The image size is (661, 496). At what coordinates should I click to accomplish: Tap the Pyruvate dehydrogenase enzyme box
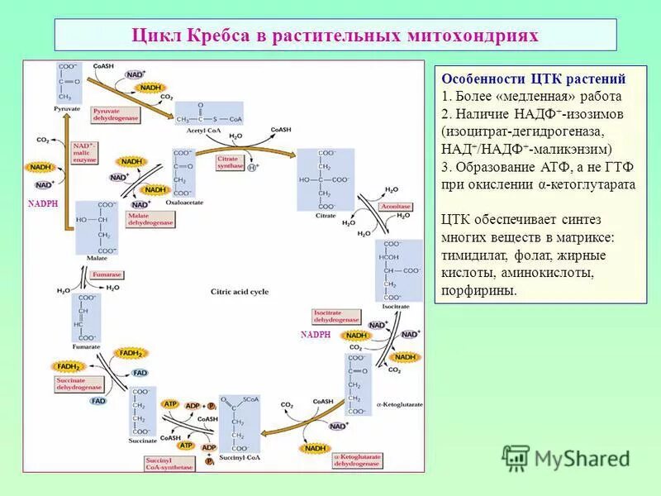114,114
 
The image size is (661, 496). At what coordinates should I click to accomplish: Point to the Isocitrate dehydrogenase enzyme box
336,316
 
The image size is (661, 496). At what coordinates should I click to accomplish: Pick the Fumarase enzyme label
107,274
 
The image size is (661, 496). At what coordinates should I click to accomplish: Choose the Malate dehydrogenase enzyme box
150,219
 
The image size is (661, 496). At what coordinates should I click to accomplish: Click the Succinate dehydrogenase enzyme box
79,384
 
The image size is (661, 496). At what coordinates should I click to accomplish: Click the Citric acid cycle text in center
240,292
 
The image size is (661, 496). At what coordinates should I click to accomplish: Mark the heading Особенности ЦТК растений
533,79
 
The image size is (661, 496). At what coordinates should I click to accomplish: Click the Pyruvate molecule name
69,108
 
